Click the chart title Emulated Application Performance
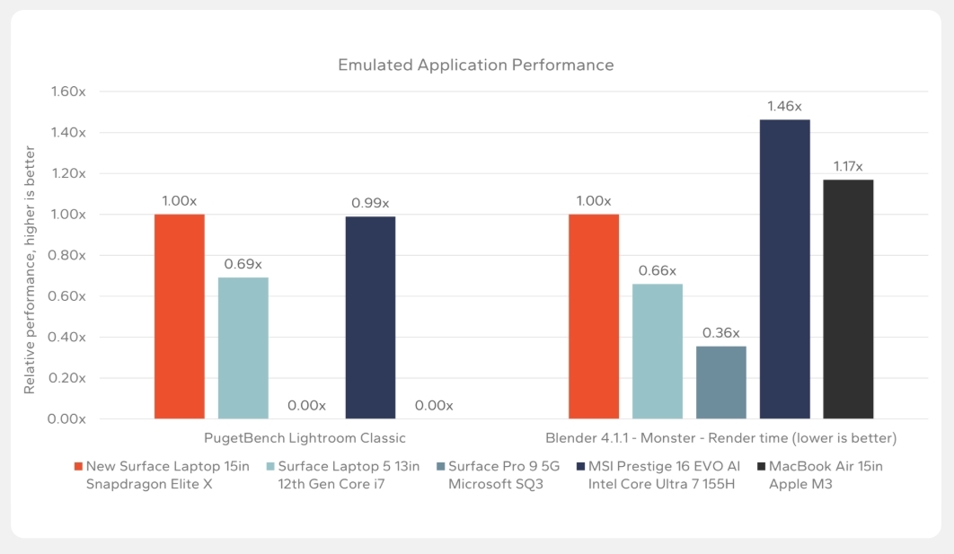point(475,65)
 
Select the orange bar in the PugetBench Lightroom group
point(180,316)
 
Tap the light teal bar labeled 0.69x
point(243,347)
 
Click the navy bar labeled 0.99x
point(370,317)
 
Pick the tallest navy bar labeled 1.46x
point(784,268)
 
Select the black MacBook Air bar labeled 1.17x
point(848,299)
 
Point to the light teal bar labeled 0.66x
point(658,351)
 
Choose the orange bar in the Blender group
point(594,316)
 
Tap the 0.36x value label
point(720,333)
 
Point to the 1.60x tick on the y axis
point(68,92)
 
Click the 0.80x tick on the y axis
point(68,255)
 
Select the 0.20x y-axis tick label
point(68,378)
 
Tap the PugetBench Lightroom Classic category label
point(305,438)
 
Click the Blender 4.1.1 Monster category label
point(720,438)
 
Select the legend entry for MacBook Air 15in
point(807,476)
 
